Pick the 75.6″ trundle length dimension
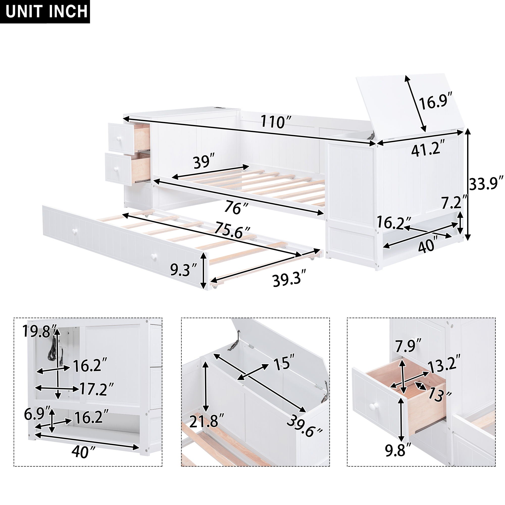tap(232, 231)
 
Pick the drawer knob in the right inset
tap(374, 413)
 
